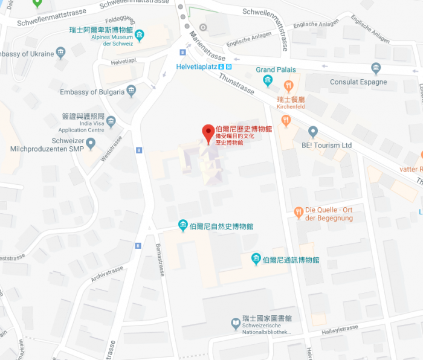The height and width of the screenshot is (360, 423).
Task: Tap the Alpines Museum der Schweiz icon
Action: tap(140, 36)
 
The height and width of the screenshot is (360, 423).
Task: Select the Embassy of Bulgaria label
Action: tap(92, 92)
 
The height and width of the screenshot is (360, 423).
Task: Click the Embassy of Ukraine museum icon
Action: tap(60, 53)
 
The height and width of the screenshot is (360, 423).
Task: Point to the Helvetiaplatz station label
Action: tap(196, 66)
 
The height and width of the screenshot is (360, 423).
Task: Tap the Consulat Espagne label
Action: tap(358, 82)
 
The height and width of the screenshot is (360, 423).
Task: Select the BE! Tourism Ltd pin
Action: tap(312, 131)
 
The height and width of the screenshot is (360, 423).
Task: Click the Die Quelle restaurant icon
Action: tap(298, 212)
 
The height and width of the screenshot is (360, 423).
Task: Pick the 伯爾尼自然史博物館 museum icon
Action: tap(182, 226)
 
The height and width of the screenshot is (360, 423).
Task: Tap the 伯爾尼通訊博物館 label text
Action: tap(291, 260)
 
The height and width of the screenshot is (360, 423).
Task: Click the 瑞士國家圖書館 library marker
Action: tap(236, 324)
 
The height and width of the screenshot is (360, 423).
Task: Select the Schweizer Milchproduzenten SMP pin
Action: tap(91, 144)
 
